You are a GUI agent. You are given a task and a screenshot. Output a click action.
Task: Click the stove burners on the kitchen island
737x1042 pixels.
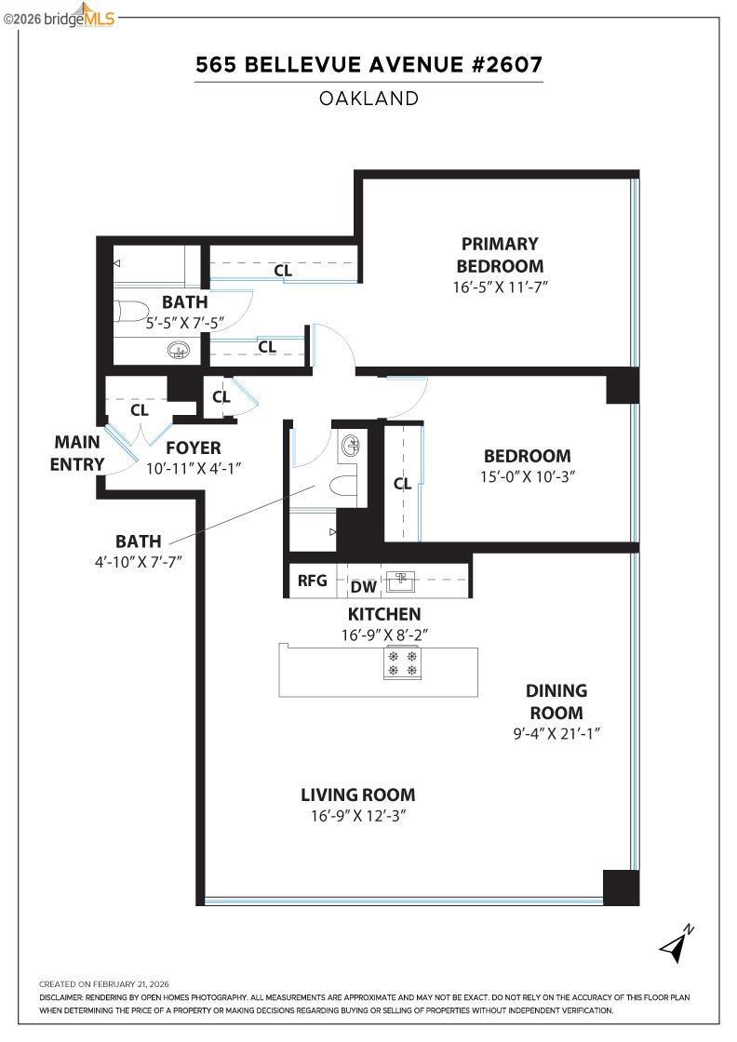[x=402, y=662]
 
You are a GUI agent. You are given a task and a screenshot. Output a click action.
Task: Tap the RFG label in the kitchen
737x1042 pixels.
[x=312, y=581]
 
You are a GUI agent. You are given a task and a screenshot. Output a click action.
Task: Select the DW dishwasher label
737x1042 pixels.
[x=364, y=587]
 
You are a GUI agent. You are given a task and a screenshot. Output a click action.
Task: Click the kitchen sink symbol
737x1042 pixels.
[x=401, y=581]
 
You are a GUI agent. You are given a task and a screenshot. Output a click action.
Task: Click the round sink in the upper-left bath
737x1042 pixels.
[x=178, y=350]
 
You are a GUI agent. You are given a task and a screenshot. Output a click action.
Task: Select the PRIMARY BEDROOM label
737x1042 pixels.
[x=500, y=255]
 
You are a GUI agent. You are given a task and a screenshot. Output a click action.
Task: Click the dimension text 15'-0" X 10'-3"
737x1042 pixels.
[x=527, y=476]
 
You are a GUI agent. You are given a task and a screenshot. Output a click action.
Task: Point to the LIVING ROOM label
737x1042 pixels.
[x=357, y=795]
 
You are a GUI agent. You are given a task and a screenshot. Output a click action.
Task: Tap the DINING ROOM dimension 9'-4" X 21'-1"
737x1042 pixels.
[x=556, y=734]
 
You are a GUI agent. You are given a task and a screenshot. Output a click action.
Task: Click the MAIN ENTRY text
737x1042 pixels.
[x=77, y=453]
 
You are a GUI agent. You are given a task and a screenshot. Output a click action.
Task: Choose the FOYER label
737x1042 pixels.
[x=194, y=448]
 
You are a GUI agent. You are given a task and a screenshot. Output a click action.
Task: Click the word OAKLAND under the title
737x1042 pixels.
[x=368, y=99]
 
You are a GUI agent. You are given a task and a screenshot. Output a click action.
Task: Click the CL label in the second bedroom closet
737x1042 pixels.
[x=403, y=484]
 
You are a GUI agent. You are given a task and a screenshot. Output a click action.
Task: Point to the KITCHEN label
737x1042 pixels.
[x=384, y=614]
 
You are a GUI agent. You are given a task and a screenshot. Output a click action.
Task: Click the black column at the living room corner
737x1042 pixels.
[x=621, y=888]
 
